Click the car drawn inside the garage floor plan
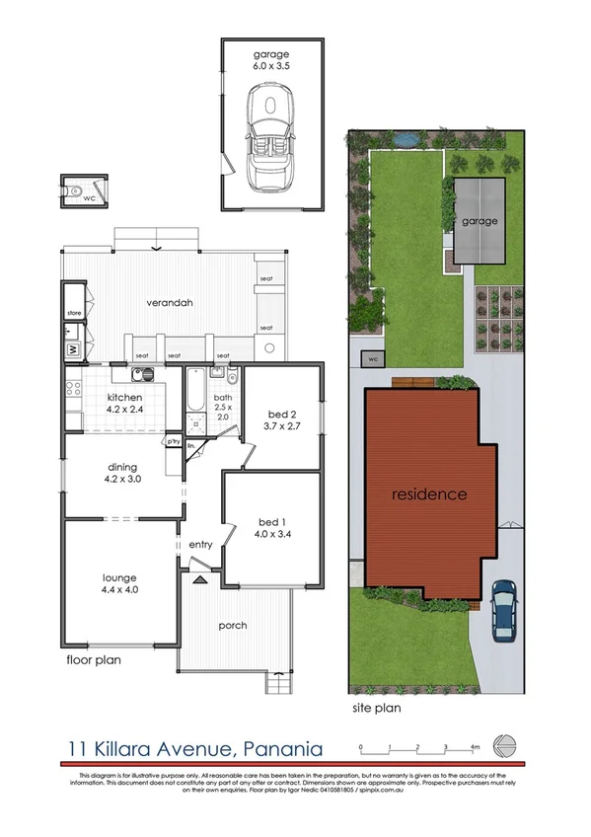pos(270,137)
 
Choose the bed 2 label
pos(282,416)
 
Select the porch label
pos(234,626)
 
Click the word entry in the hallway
pos(201,545)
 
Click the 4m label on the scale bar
pos(475,747)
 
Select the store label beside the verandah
pos(73,313)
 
